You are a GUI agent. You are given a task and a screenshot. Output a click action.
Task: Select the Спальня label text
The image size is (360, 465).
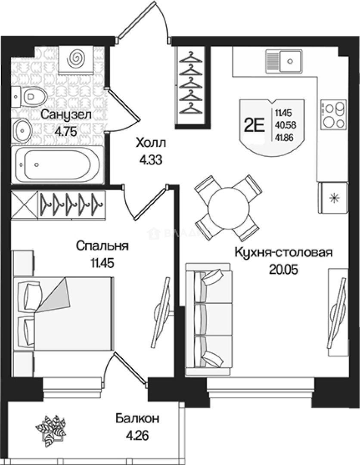point(102,246)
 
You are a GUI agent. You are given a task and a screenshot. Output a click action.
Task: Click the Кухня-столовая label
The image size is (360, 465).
point(283,252)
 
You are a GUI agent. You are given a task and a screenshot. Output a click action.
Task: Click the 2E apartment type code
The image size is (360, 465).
point(254,125)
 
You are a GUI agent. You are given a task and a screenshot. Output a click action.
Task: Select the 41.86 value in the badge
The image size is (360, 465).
point(285,138)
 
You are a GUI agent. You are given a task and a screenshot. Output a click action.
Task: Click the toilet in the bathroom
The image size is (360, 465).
point(30,95)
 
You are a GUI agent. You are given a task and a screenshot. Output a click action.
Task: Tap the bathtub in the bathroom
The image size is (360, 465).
point(57,164)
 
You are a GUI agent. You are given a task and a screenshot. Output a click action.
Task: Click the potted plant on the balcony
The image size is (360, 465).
point(50,429)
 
